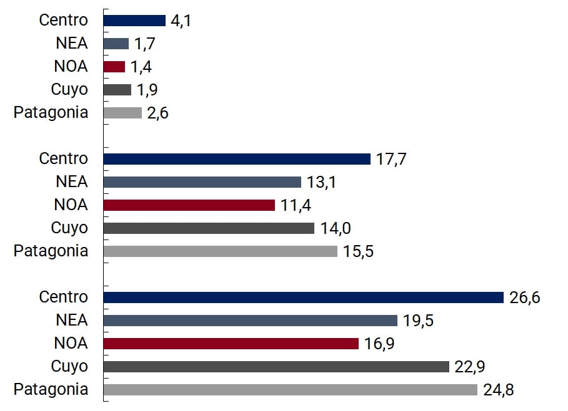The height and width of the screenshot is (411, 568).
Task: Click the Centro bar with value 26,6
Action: pos(303,297)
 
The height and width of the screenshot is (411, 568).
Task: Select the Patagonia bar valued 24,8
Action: pos(290,390)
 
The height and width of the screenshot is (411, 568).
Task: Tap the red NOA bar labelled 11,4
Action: pos(189,205)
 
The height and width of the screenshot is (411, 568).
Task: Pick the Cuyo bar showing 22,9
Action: pos(276,367)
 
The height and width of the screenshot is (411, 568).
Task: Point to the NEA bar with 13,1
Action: pos(202,182)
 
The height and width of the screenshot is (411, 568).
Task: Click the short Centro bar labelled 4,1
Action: pos(134,21)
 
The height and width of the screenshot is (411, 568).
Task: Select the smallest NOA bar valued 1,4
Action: pos(114,67)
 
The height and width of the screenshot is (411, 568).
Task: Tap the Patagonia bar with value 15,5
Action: pos(220,251)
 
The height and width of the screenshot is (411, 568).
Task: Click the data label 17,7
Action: pos(391,159)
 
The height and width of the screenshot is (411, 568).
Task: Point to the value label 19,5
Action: pos(418,321)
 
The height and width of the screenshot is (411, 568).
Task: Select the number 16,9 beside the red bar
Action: pos(379,344)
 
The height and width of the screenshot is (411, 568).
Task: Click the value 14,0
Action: pos(335,228)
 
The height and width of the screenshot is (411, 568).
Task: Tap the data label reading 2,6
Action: pos(158,113)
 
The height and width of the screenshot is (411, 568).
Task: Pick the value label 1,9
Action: pos(147,90)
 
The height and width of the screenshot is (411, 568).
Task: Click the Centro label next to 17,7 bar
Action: pos(63,158)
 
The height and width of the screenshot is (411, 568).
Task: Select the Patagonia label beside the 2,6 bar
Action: pos(51,112)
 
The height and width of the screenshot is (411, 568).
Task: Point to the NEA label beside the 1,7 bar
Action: pos(71,43)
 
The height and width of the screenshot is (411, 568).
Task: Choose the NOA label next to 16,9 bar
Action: pos(71,343)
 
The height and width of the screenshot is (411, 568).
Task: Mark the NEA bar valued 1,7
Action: pos(116,44)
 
